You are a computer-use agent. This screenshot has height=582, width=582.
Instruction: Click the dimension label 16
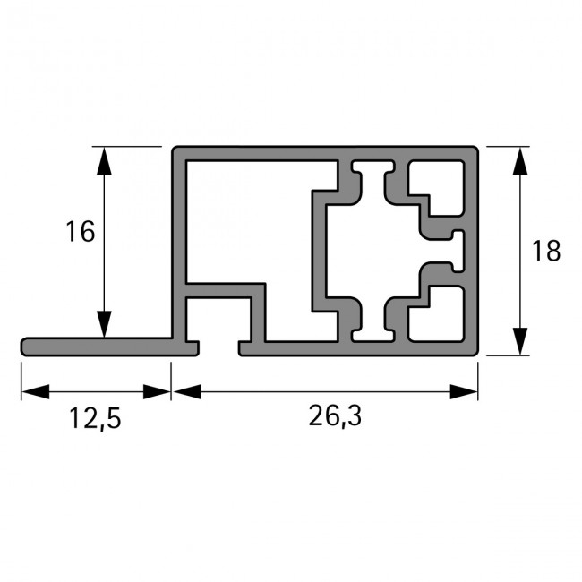point(80,232)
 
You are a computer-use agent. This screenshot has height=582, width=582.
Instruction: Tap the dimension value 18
point(544,251)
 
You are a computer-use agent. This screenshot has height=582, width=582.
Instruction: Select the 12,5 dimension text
point(95,419)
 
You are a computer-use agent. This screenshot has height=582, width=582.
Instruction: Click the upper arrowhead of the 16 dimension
point(105,161)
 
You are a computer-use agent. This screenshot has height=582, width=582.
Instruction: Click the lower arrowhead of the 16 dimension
point(105,323)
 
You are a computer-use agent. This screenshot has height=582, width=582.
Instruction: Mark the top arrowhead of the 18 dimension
point(518,161)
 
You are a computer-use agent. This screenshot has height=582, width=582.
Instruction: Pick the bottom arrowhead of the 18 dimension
point(518,340)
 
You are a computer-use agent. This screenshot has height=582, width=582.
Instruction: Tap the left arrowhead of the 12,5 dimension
point(34,391)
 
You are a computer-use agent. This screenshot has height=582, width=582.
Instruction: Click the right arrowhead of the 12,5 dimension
point(158,391)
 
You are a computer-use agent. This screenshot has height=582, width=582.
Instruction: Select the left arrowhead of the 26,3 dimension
point(185,391)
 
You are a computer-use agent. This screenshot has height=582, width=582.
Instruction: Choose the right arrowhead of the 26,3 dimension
point(464,391)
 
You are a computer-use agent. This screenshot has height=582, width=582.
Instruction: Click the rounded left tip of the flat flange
point(24,346)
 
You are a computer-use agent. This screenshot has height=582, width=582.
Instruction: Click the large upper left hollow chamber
point(251,219)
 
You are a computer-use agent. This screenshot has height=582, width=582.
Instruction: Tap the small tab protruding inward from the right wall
point(459,250)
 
